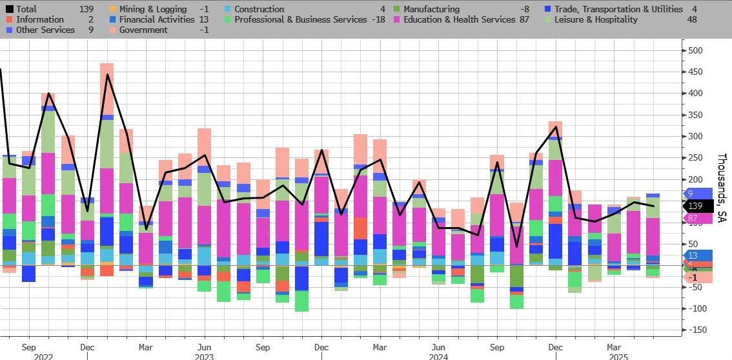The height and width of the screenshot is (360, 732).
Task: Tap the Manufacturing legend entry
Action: [x=431, y=9]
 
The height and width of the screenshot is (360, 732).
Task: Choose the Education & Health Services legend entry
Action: [x=459, y=19]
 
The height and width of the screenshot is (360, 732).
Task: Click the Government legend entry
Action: [x=143, y=30]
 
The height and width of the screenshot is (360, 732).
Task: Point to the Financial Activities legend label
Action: [x=157, y=19]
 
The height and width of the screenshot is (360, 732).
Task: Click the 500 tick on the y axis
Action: [x=695, y=50]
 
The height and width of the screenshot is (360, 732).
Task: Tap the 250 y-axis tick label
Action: [x=695, y=158]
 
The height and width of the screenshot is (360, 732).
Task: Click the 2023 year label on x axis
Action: [x=205, y=355]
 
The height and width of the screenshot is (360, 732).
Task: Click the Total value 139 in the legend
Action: [x=85, y=9]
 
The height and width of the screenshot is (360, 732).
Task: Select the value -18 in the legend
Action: [x=378, y=19]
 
